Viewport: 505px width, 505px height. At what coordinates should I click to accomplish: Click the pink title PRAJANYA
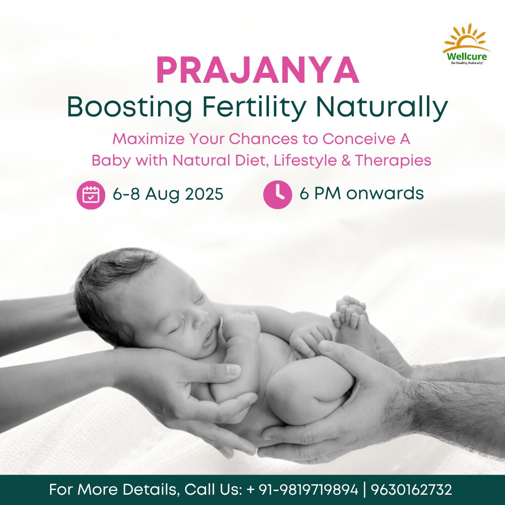(258, 71)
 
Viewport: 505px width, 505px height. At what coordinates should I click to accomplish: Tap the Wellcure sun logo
(467, 44)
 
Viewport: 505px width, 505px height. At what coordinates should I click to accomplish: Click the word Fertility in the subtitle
(254, 107)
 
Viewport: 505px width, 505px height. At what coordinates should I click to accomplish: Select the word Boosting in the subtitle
(130, 107)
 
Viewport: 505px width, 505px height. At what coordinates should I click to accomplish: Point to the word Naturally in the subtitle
(382, 107)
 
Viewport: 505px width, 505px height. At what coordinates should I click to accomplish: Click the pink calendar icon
(91, 195)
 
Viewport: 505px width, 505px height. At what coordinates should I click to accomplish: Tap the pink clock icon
(278, 195)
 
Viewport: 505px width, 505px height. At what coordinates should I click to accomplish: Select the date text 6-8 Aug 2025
(168, 194)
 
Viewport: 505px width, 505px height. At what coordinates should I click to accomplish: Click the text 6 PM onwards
(361, 194)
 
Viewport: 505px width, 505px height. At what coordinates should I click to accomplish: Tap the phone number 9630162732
(411, 490)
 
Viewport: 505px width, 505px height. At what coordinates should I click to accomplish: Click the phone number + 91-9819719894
(302, 490)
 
